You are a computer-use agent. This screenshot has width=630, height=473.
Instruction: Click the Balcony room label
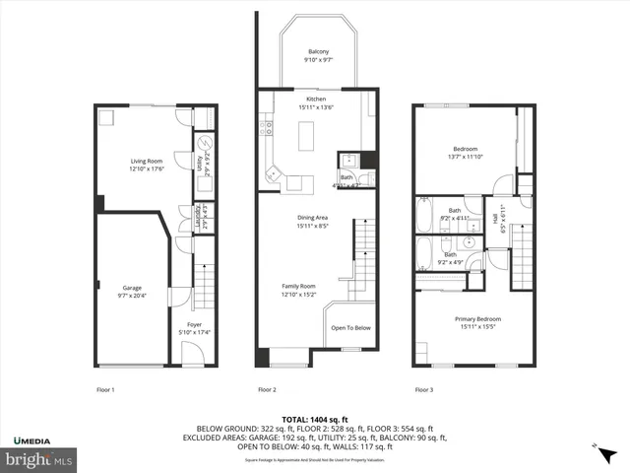coord(318,51)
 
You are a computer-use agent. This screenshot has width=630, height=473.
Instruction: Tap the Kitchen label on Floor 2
coord(315,100)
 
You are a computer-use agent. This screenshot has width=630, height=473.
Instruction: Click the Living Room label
coord(145,161)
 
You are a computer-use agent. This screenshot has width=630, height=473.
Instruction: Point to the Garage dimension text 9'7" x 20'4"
coord(132,295)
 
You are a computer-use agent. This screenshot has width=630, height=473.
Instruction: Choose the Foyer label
coord(194,324)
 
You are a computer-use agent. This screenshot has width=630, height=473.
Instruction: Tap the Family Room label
coord(299,287)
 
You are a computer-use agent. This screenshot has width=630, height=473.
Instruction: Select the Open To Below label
coord(350,328)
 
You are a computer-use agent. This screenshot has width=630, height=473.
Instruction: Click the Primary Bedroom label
coord(477,318)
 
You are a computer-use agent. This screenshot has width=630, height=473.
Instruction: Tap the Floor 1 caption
coord(104,389)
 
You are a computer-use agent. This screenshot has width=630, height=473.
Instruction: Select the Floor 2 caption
coord(267,389)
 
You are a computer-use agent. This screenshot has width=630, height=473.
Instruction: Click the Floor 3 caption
coord(423,389)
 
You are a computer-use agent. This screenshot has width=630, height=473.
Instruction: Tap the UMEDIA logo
coord(34,439)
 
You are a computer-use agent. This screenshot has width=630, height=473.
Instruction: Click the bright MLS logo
coord(38,459)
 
